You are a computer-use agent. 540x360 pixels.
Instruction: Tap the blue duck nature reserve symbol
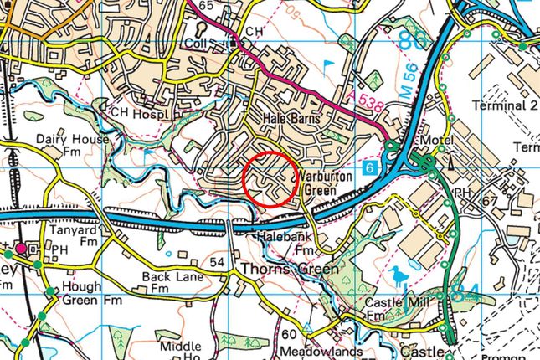click(397, 275)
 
